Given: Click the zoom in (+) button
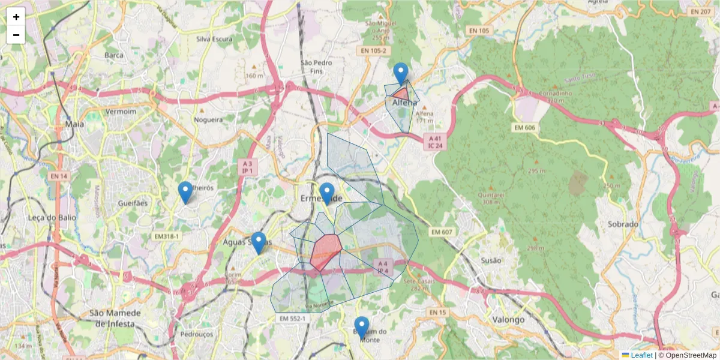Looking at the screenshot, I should [16, 17].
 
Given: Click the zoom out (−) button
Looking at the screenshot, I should [16, 35].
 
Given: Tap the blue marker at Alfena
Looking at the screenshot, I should [401, 73].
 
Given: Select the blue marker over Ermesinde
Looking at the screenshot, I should [326, 193].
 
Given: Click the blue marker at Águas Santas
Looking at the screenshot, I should [259, 242].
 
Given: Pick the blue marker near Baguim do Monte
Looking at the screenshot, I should [362, 328].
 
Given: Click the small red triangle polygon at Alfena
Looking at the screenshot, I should [401, 94].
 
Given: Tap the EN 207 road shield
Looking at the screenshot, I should [700, 11].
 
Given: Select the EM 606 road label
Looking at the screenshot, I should [524, 127].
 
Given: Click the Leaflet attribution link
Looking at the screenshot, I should [641, 355].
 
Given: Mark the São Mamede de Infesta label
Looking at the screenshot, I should [115, 318].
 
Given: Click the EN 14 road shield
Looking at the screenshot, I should [58, 176].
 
